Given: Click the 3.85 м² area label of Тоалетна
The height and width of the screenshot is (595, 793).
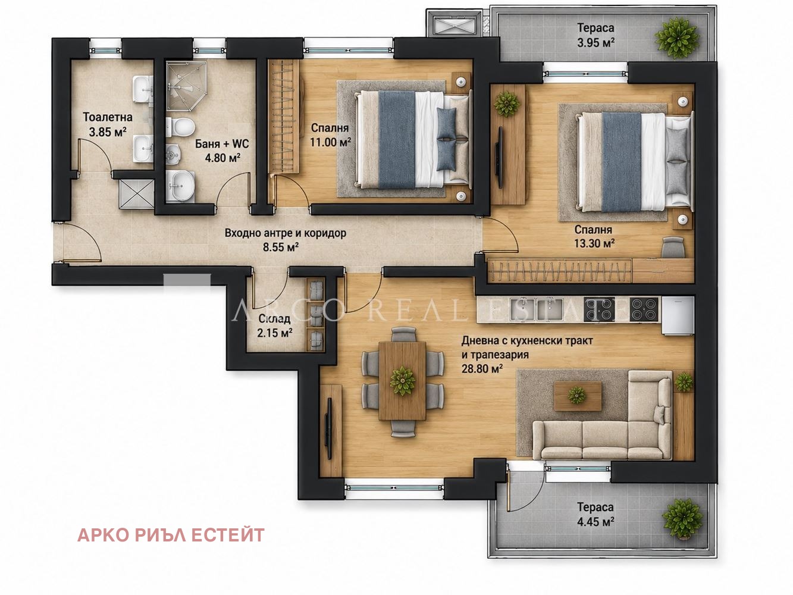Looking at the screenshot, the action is click(108, 132).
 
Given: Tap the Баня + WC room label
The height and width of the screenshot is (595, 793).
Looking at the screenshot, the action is click(222, 144).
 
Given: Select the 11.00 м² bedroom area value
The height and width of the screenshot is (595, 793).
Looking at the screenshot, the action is click(330, 142).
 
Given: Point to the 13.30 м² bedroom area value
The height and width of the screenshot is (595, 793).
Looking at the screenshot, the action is click(594, 243).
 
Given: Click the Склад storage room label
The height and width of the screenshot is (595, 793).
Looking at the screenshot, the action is click(274, 319).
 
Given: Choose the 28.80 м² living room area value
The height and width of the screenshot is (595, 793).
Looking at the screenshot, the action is click(482, 369).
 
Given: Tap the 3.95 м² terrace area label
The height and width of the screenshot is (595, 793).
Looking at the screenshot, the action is click(595, 43).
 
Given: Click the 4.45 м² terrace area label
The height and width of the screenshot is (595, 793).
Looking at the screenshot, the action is click(595, 522).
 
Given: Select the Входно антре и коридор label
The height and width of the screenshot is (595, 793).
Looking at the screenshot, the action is click(286, 233).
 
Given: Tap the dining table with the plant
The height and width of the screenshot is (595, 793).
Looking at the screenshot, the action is click(403, 381).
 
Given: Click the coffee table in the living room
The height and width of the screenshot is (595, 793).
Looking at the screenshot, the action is click(578, 396).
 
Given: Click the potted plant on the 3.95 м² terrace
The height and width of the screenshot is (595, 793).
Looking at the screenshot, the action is click(677, 38).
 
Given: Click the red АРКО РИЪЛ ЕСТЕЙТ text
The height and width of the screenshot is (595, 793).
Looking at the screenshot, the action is click(171, 535).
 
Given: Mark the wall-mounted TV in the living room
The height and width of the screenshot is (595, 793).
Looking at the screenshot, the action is click(329, 428).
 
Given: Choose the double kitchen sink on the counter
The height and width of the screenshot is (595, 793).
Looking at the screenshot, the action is click(537, 310).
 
